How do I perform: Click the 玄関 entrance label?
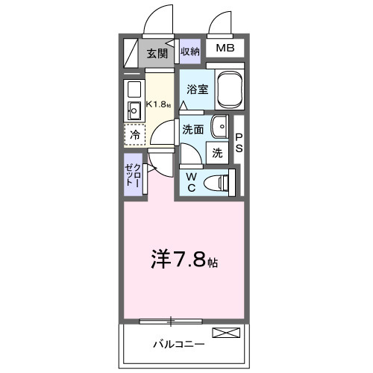pos(156,53)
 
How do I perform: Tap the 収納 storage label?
pos(190,51)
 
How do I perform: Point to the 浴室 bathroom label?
pos(198,89)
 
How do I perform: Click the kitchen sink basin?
pos(135,112)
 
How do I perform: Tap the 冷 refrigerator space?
pos(135,135)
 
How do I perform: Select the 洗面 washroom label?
pos(193,128)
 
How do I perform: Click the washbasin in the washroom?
pos(221,128)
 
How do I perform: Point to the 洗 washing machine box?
pos(217,153)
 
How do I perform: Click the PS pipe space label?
pos(239,143)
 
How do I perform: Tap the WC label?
pos(191,181)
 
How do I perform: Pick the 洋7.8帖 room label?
pos(186,263)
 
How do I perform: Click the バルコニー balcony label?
pos(178,345)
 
